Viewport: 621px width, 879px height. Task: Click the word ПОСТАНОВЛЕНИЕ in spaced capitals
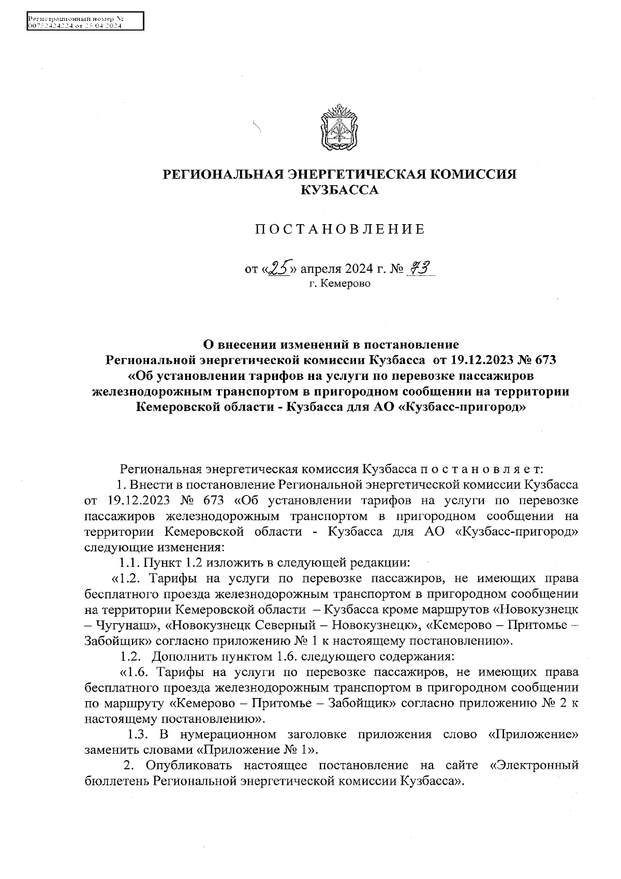[339, 229]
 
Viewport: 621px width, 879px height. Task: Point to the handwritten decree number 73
[420, 268]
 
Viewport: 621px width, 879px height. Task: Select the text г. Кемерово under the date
[339, 284]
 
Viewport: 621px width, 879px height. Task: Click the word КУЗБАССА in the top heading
[339, 191]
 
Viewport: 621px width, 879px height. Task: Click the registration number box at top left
[85, 23]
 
